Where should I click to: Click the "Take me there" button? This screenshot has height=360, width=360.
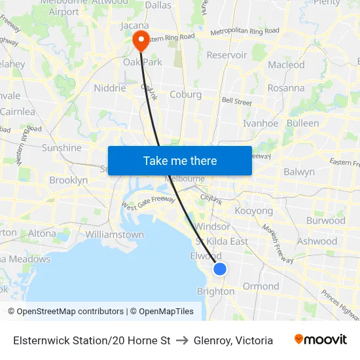pyautogui.click(x=180, y=160)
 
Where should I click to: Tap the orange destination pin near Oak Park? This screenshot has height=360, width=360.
pyautogui.click(x=141, y=41)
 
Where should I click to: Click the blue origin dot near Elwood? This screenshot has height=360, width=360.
pyautogui.click(x=220, y=269)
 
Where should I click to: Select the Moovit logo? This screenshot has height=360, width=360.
pyautogui.click(x=321, y=340)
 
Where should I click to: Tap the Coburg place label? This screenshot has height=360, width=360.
pyautogui.click(x=185, y=94)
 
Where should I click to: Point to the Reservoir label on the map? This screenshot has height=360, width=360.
pyautogui.click(x=226, y=55)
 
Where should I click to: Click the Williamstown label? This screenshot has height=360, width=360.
pyautogui.click(x=115, y=234)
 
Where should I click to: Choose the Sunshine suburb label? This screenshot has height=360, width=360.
pyautogui.click(x=62, y=148)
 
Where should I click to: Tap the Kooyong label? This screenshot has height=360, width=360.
pyautogui.click(x=253, y=211)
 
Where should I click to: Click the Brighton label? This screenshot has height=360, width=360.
pyautogui.click(x=215, y=291)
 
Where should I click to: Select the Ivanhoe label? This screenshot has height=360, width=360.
pyautogui.click(x=261, y=123)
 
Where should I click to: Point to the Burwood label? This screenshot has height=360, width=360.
pyautogui.click(x=325, y=221)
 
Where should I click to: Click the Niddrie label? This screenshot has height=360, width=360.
pyautogui.click(x=109, y=88)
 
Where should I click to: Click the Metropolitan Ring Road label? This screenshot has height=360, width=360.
pyautogui.click(x=245, y=31)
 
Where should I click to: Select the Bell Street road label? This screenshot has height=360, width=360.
pyautogui.click(x=236, y=101)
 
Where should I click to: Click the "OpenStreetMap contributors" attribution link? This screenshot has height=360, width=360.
pyautogui.click(x=70, y=312)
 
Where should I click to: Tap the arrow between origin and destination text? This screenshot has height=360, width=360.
pyautogui.click(x=182, y=340)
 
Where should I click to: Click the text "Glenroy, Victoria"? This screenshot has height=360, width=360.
pyautogui.click(x=233, y=340)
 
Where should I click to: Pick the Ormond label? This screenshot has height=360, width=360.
pyautogui.click(x=261, y=286)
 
